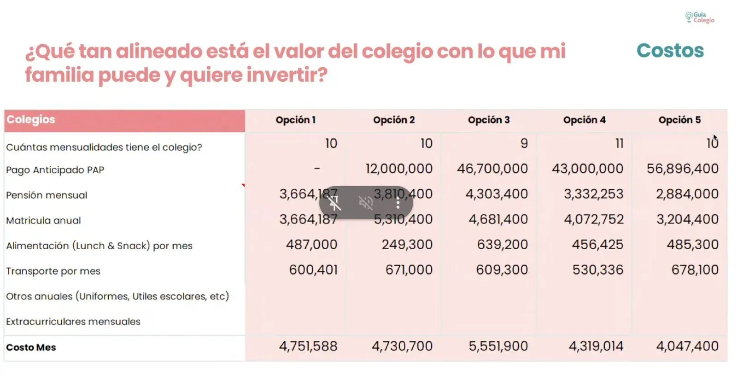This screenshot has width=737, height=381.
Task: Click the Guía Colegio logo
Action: [x=699, y=18]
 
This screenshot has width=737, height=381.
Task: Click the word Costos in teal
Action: [x=670, y=51]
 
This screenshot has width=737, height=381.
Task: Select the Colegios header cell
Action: [x=124, y=120]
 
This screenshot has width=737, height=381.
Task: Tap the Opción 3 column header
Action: [x=489, y=120]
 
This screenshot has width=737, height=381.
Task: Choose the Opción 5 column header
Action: [x=679, y=120]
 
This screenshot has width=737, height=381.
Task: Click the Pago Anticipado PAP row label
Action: [x=55, y=170]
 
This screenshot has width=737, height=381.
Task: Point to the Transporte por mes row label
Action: [x=53, y=271]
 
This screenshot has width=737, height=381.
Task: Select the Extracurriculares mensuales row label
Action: [x=73, y=322]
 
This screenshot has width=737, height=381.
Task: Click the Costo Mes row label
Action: [x=31, y=347]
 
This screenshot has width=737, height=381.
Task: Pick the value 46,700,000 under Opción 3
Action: [x=492, y=169]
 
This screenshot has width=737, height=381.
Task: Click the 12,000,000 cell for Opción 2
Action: [x=399, y=169]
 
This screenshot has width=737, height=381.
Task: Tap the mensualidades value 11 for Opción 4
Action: [x=619, y=144]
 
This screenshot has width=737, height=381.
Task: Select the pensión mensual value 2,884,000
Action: [x=687, y=194]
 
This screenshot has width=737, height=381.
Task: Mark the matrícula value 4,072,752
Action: [x=594, y=219]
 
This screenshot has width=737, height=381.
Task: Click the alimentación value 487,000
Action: [x=311, y=245]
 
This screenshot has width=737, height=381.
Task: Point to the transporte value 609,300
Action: [x=502, y=270]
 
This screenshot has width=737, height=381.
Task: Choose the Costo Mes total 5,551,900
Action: [x=498, y=346]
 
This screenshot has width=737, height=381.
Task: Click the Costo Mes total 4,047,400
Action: [x=687, y=346]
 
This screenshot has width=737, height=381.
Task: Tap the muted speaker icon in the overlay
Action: [x=366, y=202]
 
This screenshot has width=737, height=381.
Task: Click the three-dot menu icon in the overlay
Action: [x=398, y=202]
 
